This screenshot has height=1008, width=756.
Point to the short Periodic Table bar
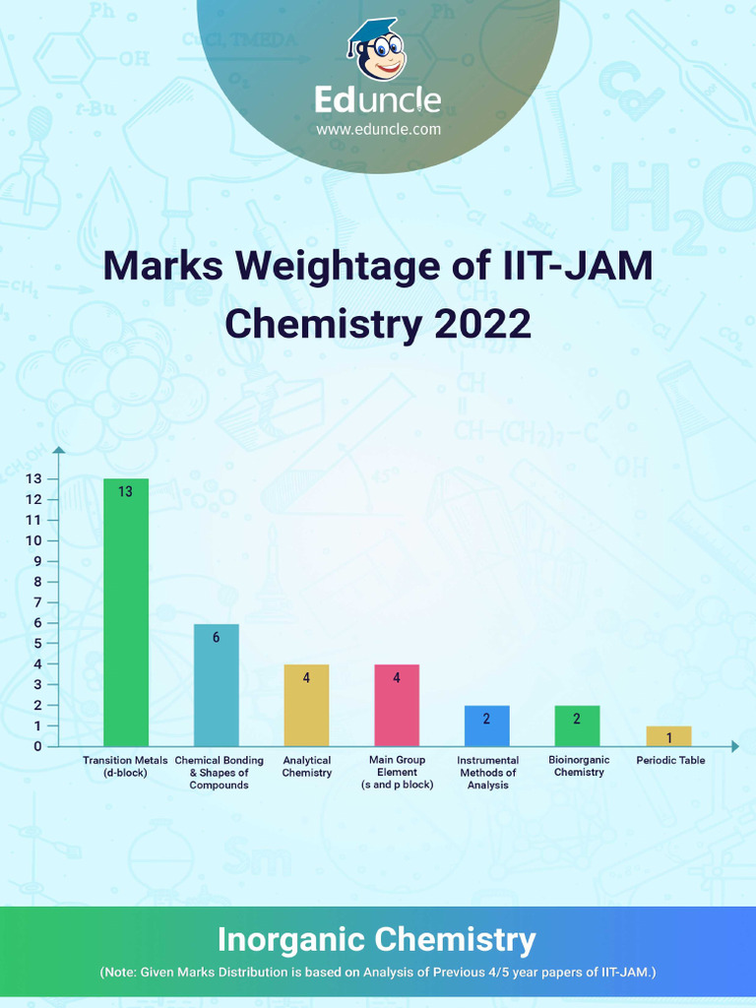669,736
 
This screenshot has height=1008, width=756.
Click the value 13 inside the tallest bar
126,491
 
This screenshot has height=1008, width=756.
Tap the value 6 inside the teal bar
217,637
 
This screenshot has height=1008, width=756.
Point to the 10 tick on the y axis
35,540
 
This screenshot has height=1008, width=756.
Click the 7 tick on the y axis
38,602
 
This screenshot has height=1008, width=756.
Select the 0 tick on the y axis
38,746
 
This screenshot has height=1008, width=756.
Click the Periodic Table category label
670,760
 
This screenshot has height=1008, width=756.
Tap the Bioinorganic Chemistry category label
579,766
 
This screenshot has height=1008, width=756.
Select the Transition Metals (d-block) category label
126,766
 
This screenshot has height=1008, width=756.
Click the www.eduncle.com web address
378,129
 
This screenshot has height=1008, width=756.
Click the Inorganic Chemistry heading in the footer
377,939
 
